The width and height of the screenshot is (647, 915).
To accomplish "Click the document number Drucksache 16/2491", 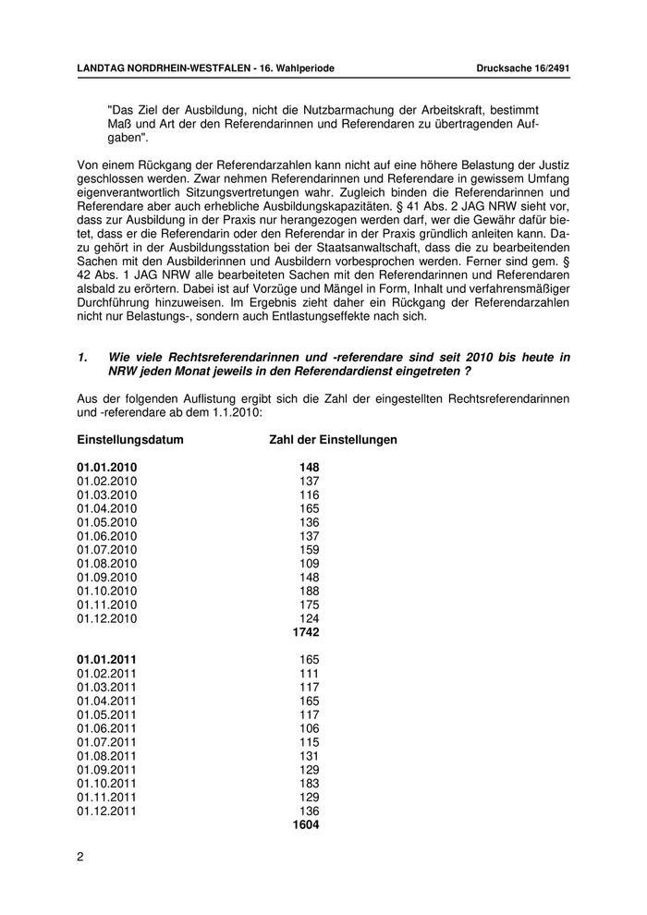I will [x=522, y=68].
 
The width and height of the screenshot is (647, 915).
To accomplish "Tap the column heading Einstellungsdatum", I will [x=130, y=440].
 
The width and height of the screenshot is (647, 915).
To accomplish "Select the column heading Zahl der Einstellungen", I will [x=333, y=440].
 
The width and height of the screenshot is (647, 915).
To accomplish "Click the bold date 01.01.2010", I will [x=107, y=468].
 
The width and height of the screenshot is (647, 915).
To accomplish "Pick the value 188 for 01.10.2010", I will [x=309, y=591].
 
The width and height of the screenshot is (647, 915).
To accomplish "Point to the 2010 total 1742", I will [x=305, y=632].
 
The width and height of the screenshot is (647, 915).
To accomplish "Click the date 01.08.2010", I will [x=107, y=564].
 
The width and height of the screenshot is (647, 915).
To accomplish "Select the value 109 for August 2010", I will [x=309, y=564].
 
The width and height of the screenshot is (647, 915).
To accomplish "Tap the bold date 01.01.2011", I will [x=107, y=660].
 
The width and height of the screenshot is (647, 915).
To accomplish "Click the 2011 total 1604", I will [x=305, y=824].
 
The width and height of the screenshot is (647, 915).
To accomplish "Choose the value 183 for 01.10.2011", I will [x=309, y=783].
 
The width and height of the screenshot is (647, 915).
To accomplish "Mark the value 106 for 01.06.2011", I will [x=309, y=728].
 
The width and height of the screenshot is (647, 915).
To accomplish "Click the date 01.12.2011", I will [x=107, y=811].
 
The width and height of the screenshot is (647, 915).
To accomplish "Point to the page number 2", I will [x=80, y=857].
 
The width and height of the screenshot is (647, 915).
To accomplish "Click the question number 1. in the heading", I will [x=82, y=357].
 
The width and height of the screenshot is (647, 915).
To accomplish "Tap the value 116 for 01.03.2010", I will [x=309, y=495].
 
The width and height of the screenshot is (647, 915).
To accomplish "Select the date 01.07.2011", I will [x=107, y=742].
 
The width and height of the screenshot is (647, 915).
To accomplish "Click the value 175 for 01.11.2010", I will [x=309, y=604].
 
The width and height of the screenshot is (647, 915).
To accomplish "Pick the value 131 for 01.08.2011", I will [x=309, y=756].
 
